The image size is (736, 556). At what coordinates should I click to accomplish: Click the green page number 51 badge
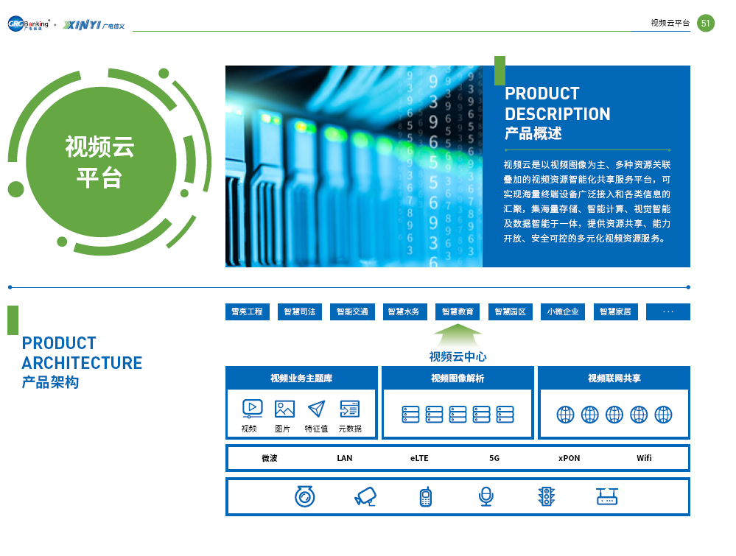[706, 23]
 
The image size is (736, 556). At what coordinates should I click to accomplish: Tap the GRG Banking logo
[28, 24]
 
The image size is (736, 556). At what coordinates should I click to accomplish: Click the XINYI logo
[94, 25]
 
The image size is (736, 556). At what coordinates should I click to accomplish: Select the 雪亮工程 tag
[248, 312]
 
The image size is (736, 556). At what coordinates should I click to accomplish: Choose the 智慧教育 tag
[458, 312]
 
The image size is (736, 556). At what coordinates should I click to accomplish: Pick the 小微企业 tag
[563, 312]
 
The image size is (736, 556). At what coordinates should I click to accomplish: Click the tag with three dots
[668, 312]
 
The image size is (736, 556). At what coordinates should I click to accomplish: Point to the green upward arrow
[458, 335]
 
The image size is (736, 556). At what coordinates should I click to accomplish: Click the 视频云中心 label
[458, 356]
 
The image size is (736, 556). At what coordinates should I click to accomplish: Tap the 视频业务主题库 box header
[301, 379]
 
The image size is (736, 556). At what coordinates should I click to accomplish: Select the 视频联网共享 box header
[614, 379]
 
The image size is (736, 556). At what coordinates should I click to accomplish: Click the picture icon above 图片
[284, 409]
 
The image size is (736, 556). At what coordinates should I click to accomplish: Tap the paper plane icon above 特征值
[316, 409]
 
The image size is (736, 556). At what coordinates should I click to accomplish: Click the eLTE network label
[419, 458]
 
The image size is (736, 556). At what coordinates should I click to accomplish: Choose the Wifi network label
[644, 458]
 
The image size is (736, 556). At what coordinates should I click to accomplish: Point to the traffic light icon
[547, 496]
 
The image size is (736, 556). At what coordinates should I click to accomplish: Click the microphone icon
[486, 496]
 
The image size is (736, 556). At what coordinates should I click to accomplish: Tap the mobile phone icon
[426, 497]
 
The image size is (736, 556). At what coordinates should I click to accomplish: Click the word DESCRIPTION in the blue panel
[558, 114]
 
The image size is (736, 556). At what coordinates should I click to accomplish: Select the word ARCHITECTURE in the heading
[82, 363]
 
